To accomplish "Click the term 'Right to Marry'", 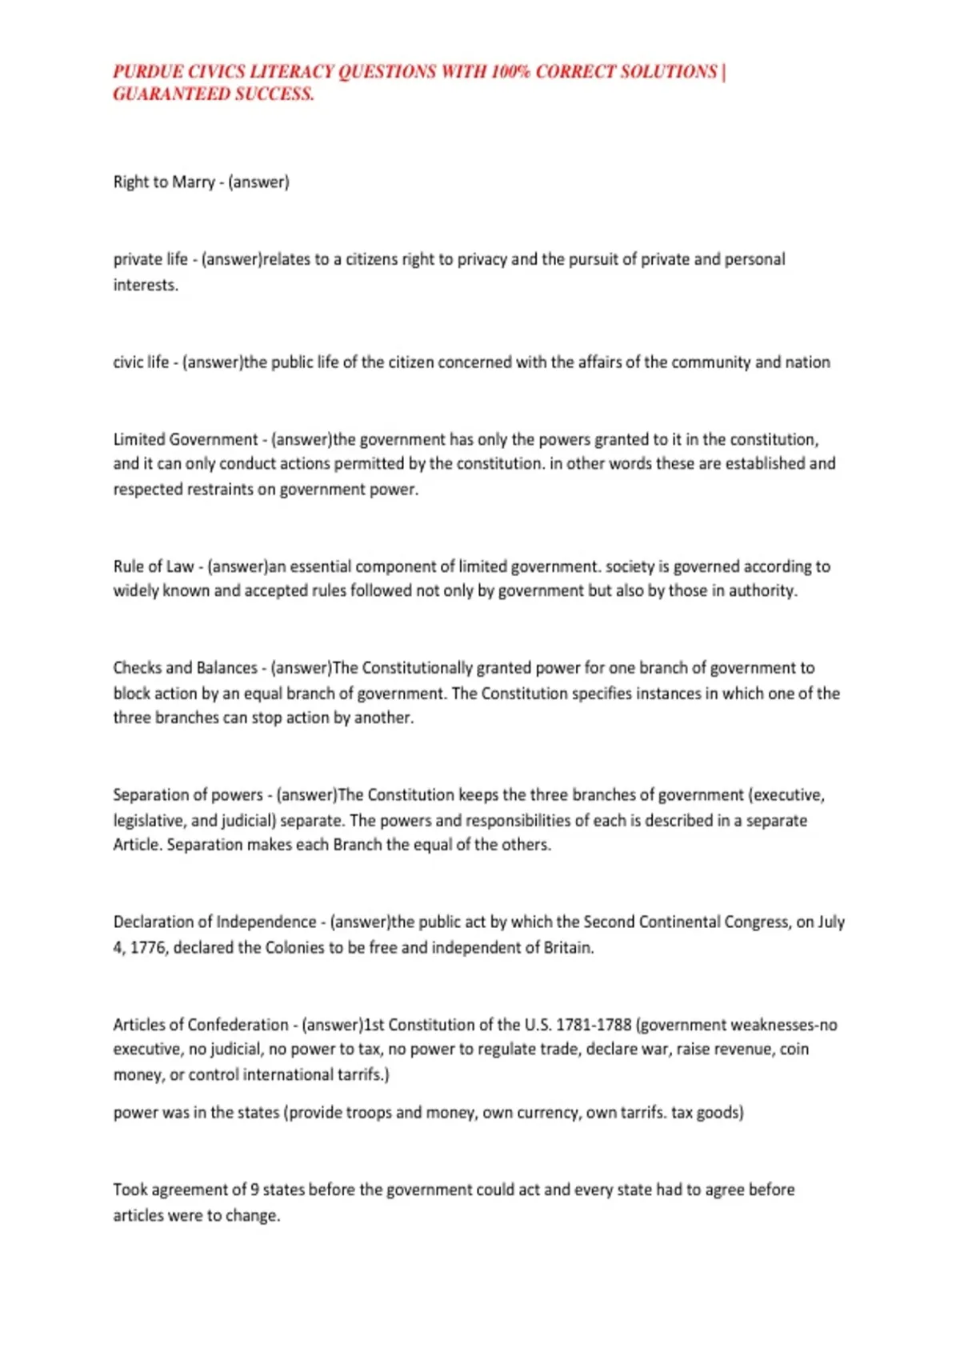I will [x=164, y=182].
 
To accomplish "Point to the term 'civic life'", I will [x=141, y=362].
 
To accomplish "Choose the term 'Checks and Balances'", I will [x=185, y=668].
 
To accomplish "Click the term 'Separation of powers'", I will [x=188, y=795].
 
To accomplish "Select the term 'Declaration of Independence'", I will [x=215, y=922].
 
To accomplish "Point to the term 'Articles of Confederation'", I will [x=201, y=1025].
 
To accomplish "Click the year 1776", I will [x=147, y=948].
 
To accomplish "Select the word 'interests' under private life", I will [x=145, y=286].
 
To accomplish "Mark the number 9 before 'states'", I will [x=254, y=1190].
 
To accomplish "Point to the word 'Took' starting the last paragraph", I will [x=130, y=1190].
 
